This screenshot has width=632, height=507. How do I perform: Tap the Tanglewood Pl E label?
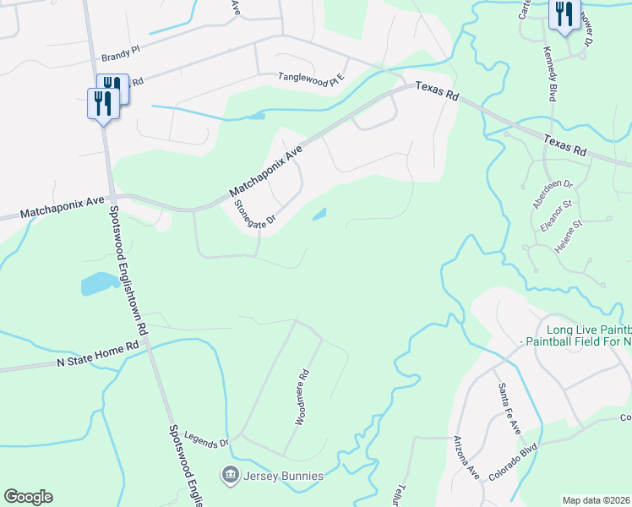pyautogui.click(x=313, y=79)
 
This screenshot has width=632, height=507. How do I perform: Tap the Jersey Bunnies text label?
pyautogui.click(x=284, y=476)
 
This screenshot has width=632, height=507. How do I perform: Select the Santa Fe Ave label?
pyautogui.click(x=509, y=407)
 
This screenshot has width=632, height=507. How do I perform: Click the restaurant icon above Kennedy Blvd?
pyautogui.click(x=563, y=14)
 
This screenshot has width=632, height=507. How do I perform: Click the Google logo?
pyautogui.click(x=28, y=497)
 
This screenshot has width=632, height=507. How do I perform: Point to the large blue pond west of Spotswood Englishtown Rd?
pyautogui.click(x=100, y=283)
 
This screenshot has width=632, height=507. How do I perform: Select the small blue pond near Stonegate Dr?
pyautogui.click(x=320, y=215)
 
